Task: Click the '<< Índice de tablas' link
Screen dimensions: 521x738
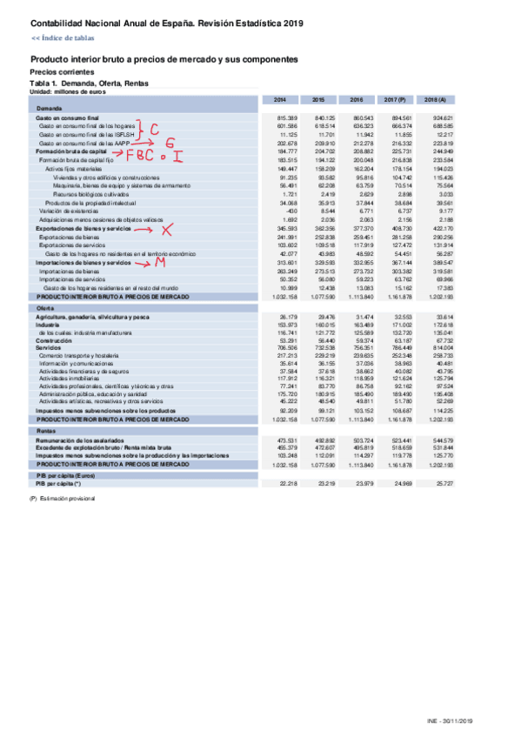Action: click(x=63, y=38)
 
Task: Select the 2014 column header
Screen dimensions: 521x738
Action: click(x=286, y=99)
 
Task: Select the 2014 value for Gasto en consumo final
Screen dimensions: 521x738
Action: click(x=288, y=117)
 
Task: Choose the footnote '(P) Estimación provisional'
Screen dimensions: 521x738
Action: click(x=62, y=498)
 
